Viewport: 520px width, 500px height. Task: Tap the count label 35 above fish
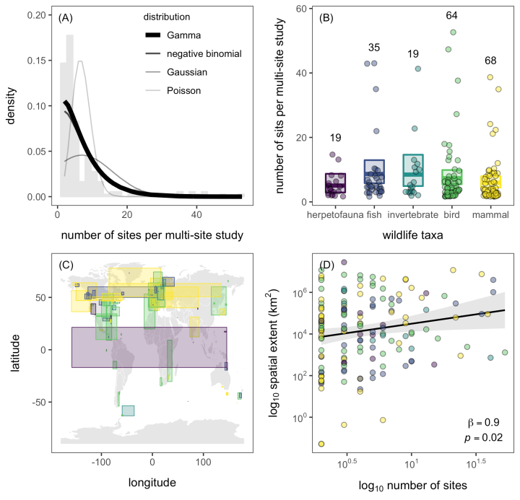click(x=374, y=48)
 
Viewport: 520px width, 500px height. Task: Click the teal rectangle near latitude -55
click(x=128, y=410)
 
